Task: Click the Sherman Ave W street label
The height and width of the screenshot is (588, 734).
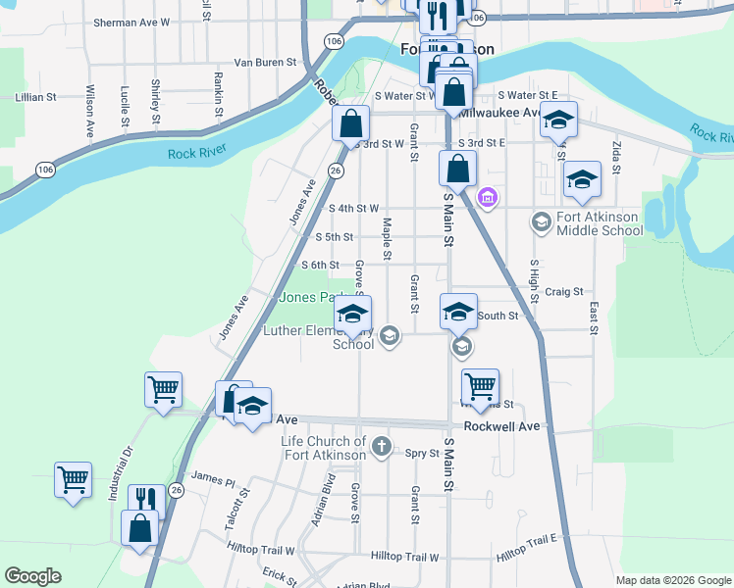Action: (x=131, y=21)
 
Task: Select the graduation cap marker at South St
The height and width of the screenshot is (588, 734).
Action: (x=457, y=312)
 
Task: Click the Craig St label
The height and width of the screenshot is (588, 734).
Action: (x=564, y=291)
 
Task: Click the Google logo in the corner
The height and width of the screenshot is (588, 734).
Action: (x=34, y=576)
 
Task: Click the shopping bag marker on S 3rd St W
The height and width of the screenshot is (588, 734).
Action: (x=350, y=123)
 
